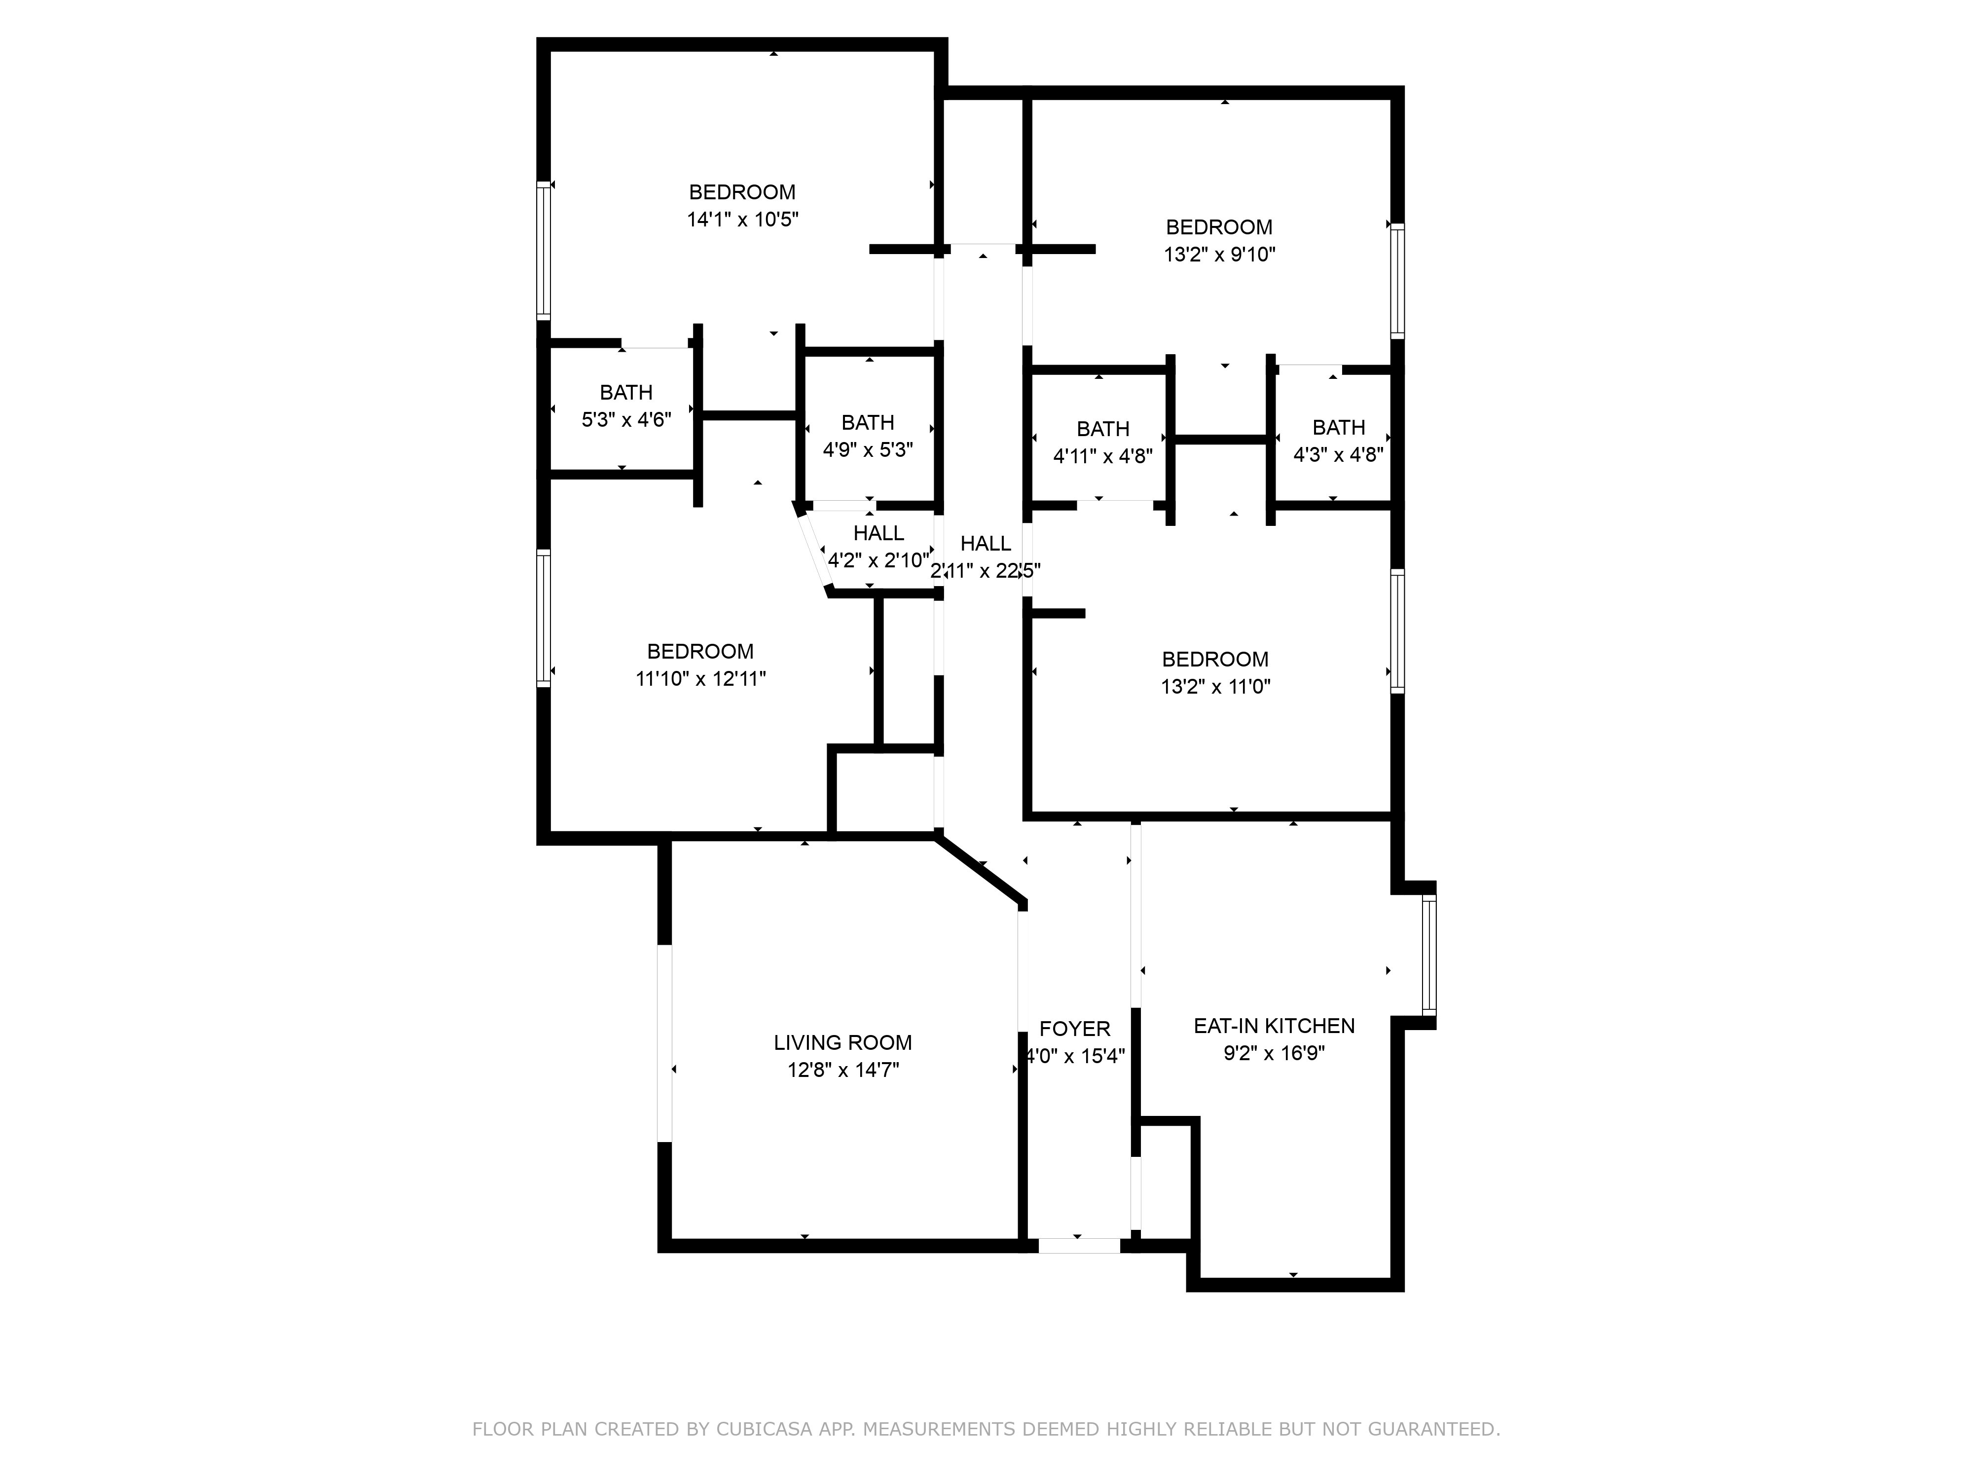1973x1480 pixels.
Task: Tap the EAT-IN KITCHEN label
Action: point(1274,1026)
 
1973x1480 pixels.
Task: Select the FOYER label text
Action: point(1075,1029)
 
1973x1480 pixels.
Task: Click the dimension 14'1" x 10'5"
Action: point(742,220)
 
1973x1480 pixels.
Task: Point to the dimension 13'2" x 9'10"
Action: point(1219,254)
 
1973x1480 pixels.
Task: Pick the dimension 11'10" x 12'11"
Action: point(700,679)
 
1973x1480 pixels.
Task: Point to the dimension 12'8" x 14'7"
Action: point(843,1070)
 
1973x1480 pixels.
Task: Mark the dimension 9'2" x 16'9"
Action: point(1274,1054)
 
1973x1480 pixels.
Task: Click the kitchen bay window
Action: point(1430,956)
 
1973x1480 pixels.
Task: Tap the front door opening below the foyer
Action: point(1079,1245)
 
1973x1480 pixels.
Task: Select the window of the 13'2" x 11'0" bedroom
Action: point(1398,630)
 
